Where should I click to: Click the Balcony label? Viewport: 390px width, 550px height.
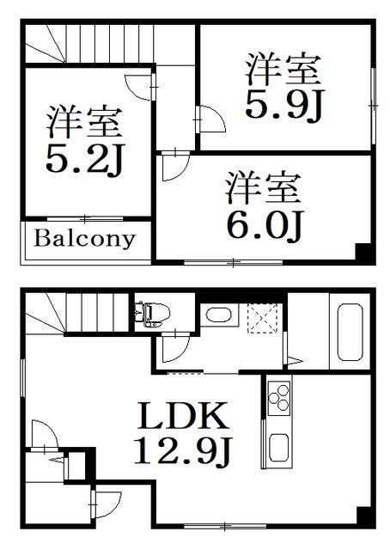84,238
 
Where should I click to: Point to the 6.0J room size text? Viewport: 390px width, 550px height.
264,225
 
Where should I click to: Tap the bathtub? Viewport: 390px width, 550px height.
349,331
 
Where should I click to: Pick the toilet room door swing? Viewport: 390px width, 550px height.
173,348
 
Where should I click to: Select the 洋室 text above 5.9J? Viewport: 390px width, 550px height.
283,68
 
